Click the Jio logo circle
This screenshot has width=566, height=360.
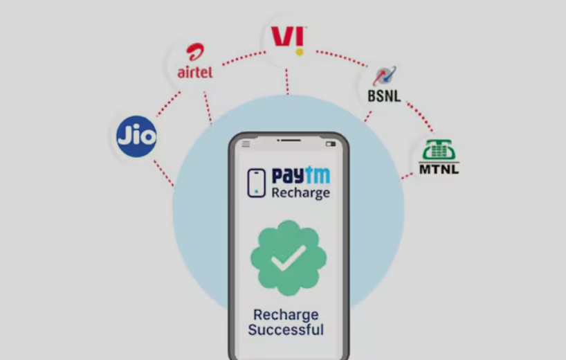(x=136, y=136)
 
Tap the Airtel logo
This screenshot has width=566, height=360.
(x=194, y=63)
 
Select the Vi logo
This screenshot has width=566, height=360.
(x=289, y=38)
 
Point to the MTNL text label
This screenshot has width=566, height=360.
(x=439, y=168)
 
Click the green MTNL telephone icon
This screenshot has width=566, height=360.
(x=439, y=150)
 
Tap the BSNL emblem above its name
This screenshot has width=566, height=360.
(x=385, y=75)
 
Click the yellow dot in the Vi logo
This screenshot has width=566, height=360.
(x=299, y=51)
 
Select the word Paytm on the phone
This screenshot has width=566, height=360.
(x=300, y=176)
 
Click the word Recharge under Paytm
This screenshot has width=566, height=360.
(x=300, y=192)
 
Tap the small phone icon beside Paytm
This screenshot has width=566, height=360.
(x=257, y=183)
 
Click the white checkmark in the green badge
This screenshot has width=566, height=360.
(x=289, y=258)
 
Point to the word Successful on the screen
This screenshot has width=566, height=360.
(x=286, y=330)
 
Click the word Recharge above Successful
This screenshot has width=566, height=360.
(x=286, y=314)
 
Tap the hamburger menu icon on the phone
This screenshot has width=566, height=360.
(x=246, y=144)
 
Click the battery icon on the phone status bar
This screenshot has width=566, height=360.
(x=330, y=144)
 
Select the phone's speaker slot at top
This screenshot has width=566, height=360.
(x=289, y=141)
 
